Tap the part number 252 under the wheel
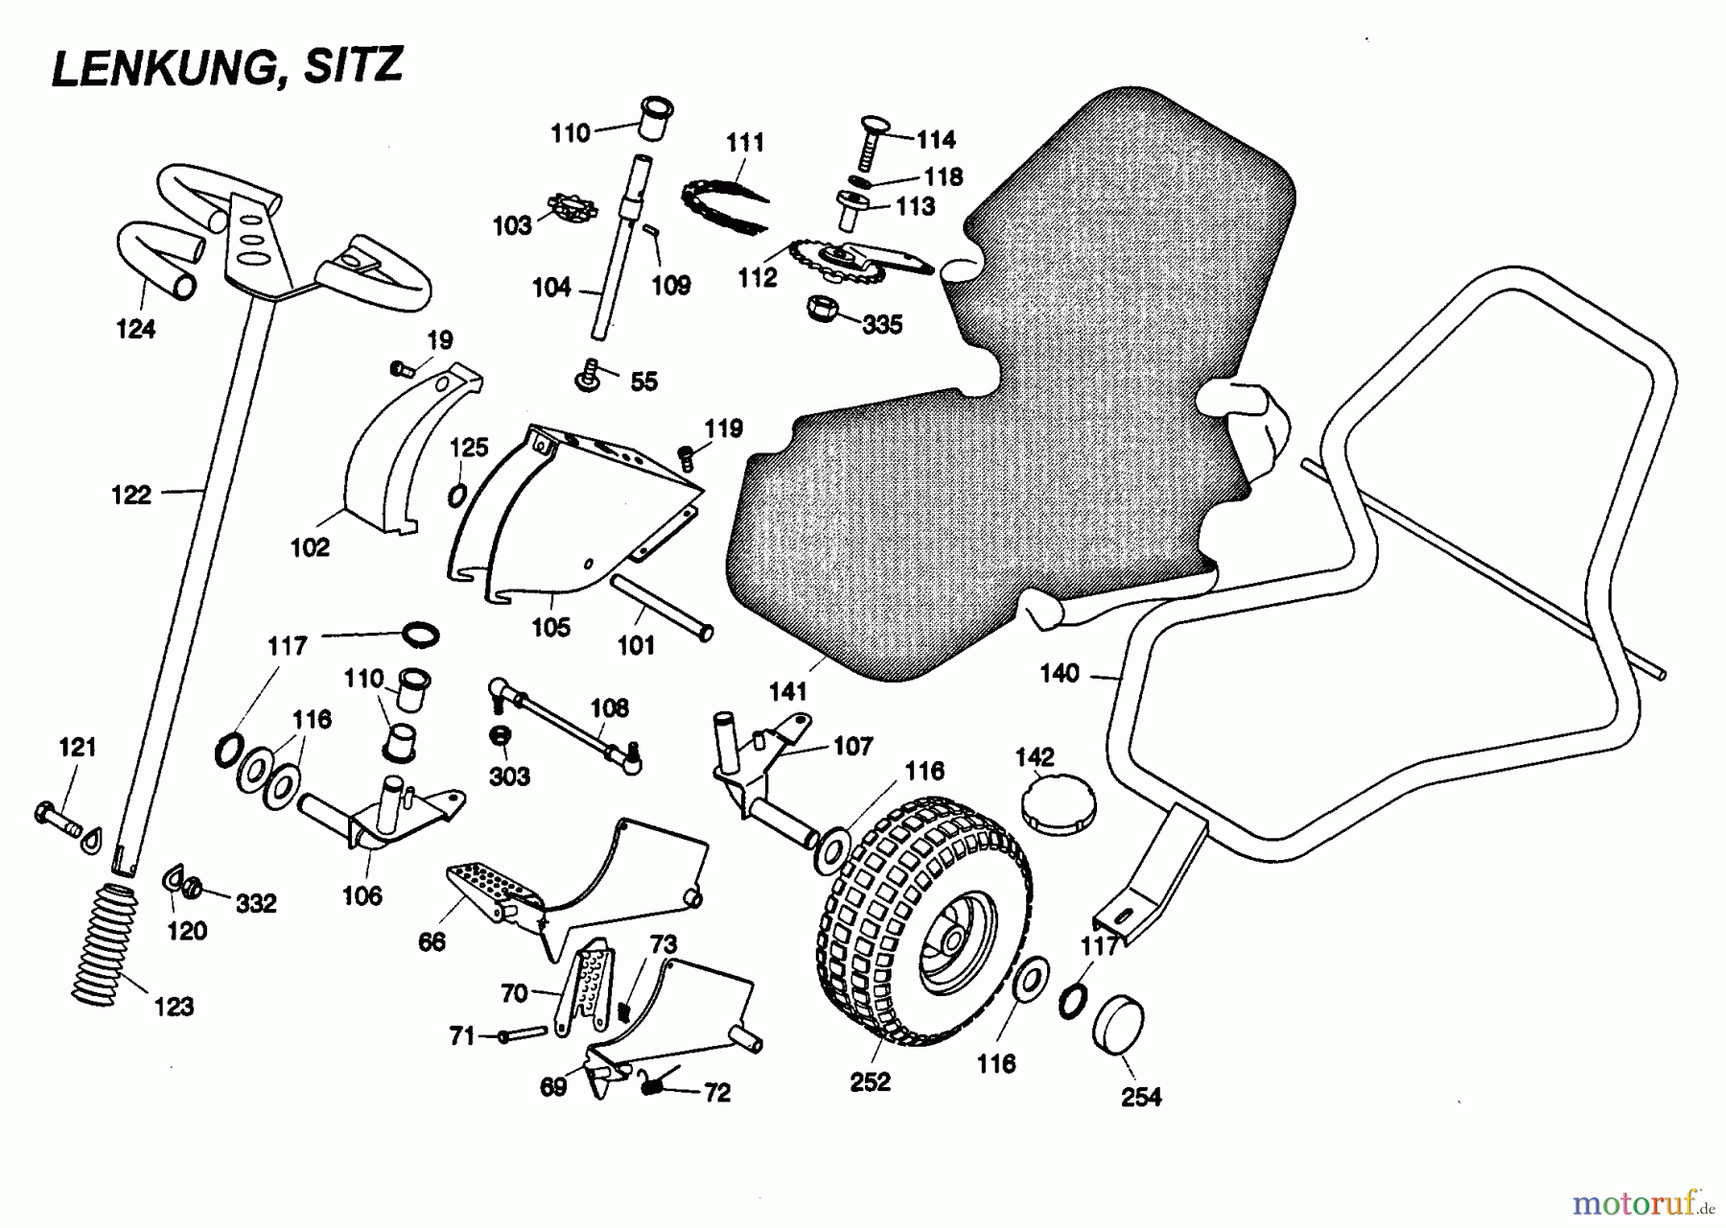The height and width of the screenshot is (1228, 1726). pos(870,1081)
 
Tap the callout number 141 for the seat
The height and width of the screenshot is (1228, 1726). pos(788,689)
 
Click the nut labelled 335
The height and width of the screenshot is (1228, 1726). pos(824,309)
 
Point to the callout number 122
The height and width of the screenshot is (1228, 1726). pos(131,495)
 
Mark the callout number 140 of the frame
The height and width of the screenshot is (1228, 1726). pos(1059,674)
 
